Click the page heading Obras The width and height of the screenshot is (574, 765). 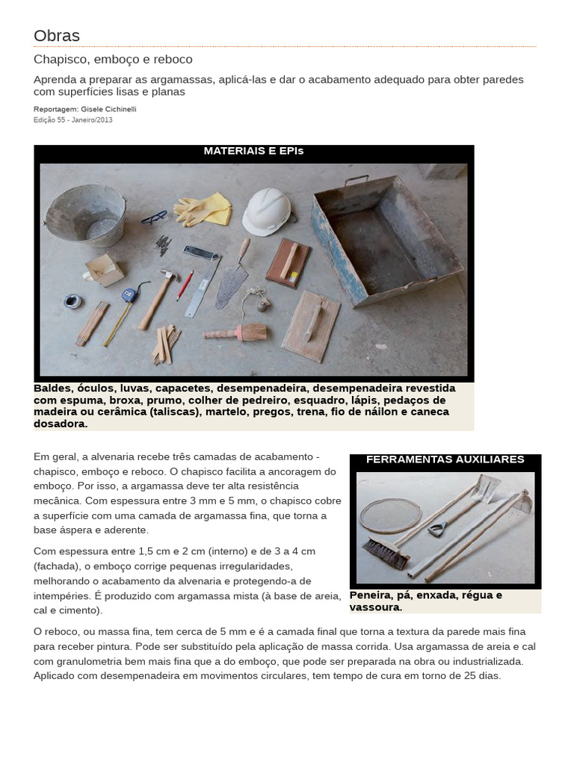[x=57, y=36]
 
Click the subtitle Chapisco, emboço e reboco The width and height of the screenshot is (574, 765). [x=113, y=59]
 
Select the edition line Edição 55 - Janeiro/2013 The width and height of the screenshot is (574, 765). [x=73, y=120]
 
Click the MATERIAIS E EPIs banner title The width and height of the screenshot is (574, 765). [x=253, y=151]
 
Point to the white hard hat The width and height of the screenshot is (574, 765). [x=267, y=211]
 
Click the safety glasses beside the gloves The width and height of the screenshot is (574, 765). [x=154, y=217]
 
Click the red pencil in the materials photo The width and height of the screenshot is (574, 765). [x=185, y=286]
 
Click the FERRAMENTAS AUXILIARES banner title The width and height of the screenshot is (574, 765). [x=445, y=459]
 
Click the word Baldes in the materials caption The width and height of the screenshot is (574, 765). [x=52, y=388]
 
